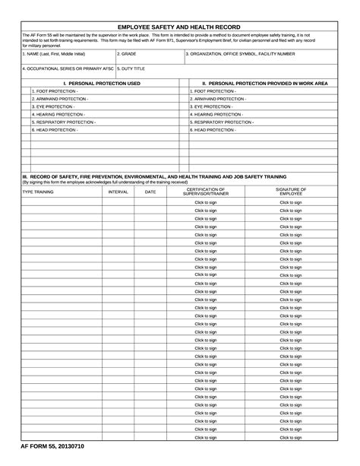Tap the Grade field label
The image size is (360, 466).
(126, 54)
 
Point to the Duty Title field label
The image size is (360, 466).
(131, 68)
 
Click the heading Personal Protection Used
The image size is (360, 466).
(102, 82)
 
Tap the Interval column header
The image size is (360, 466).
(118, 192)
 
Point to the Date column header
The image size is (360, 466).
(150, 192)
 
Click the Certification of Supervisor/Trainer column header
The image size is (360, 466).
(205, 191)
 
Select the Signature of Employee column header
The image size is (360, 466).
(291, 191)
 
